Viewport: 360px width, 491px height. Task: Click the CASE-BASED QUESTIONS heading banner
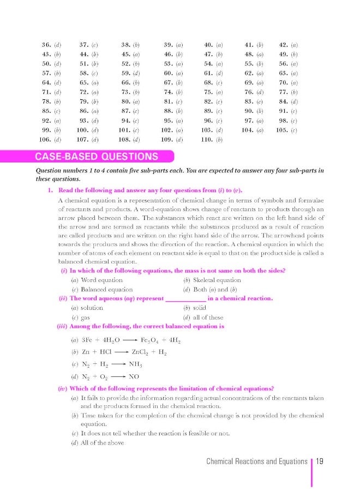click(97, 157)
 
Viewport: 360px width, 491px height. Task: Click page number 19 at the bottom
click(320, 462)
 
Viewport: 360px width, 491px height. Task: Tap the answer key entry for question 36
click(52, 44)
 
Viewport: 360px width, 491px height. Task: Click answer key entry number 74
click(173, 92)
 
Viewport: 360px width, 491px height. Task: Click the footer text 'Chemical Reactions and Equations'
click(256, 462)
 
